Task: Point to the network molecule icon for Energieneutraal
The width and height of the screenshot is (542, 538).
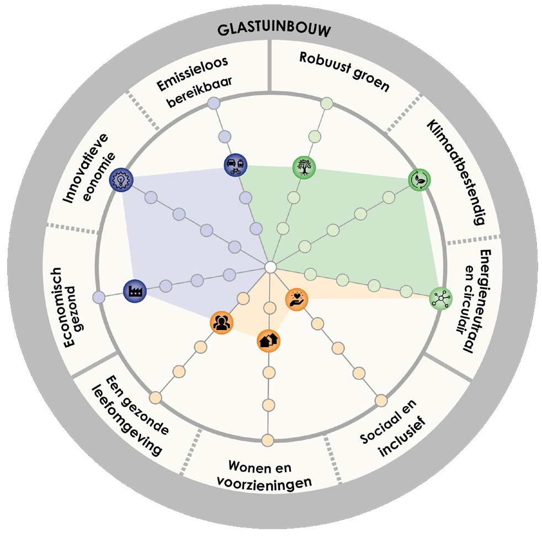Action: tap(440, 298)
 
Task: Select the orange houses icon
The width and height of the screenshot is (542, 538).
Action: tap(269, 340)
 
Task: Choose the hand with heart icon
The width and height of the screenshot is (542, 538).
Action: tap(297, 300)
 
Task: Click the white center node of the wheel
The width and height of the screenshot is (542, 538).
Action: tap(270, 267)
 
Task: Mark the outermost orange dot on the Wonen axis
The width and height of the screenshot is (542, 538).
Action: tap(268, 440)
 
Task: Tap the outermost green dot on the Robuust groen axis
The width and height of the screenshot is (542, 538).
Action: tap(327, 103)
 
